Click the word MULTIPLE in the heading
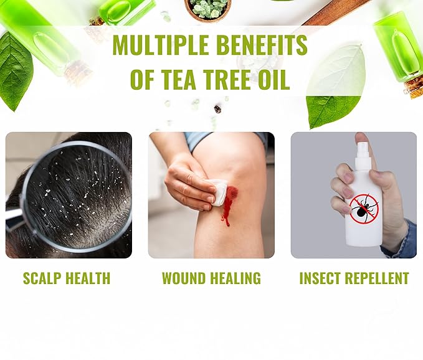coord(161,45)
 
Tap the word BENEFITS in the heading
coord(262,45)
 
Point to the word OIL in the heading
coord(274,79)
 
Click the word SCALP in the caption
coord(42,278)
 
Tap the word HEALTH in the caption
coord(88,278)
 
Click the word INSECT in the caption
coord(318,278)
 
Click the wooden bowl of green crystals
coord(207,10)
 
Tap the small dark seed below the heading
coord(217,109)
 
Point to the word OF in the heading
coord(142,79)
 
